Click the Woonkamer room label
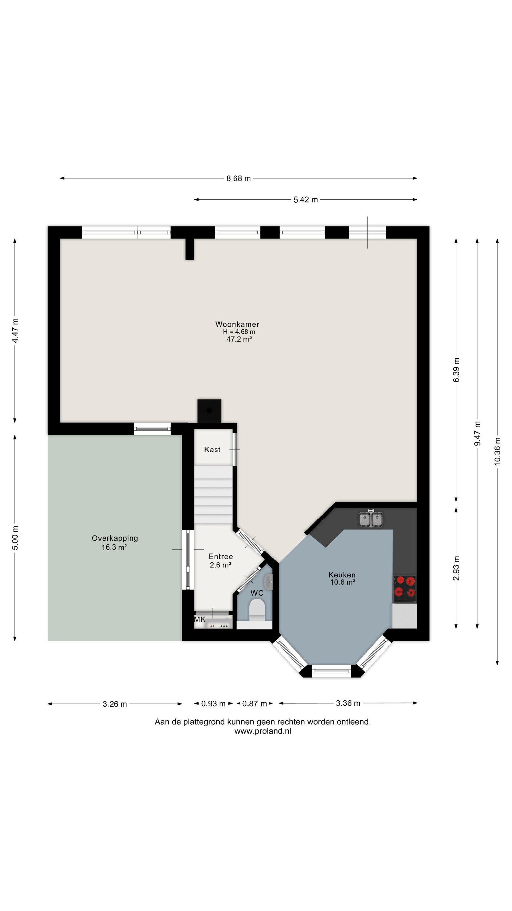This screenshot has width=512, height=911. click(x=237, y=324)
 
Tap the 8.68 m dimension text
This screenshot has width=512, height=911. click(x=239, y=178)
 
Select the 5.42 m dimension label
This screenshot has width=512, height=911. click(x=306, y=200)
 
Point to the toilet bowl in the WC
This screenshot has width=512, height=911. click(x=257, y=611)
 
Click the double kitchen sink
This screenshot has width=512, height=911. click(x=371, y=519)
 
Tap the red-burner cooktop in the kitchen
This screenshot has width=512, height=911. click(x=405, y=589)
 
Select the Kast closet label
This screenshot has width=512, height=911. click(x=212, y=449)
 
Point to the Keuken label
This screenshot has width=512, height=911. click(x=342, y=575)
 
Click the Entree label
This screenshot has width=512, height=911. click(x=221, y=556)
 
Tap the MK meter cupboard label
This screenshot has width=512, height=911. click(x=200, y=619)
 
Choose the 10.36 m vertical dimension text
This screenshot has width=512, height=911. click(x=497, y=451)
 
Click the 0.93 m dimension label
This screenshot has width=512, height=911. click(x=213, y=703)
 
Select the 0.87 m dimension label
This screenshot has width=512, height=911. click(x=254, y=703)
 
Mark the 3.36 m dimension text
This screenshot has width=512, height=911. click(x=348, y=703)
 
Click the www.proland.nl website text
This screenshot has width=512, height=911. click(x=263, y=731)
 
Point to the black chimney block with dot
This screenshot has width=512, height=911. click(x=209, y=411)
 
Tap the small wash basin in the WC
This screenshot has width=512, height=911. click(x=269, y=582)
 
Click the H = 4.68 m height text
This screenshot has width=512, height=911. click(x=239, y=332)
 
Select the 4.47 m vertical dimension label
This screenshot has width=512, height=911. click(x=15, y=330)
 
